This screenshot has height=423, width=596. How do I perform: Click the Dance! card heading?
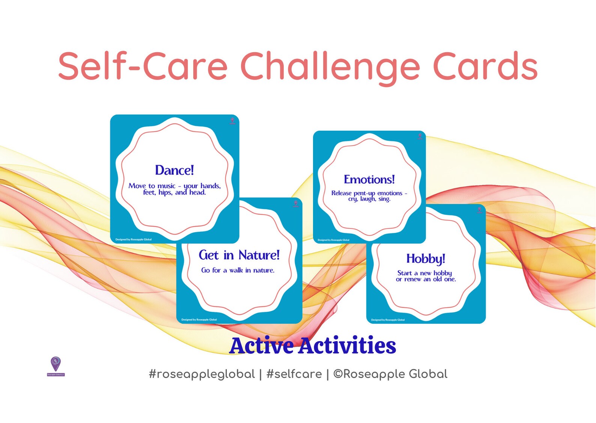pyautogui.click(x=175, y=170)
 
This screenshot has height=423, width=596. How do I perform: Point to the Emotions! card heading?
pyautogui.click(x=369, y=180)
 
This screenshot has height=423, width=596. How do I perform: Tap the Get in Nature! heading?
pyautogui.click(x=239, y=255)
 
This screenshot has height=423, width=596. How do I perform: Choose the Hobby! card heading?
pyautogui.click(x=426, y=258)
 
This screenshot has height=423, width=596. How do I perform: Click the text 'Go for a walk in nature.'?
pyautogui.click(x=238, y=270)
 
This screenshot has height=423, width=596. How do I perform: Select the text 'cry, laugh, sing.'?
pyautogui.click(x=369, y=199)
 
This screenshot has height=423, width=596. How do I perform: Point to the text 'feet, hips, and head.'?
pyautogui.click(x=175, y=192)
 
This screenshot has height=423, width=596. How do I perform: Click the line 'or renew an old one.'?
pyautogui.click(x=426, y=279)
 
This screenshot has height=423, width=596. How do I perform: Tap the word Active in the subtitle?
pyautogui.click(x=262, y=346)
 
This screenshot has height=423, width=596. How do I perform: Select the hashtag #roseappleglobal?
pyautogui.click(x=202, y=374)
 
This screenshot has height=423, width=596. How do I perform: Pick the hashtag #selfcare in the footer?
pyautogui.click(x=294, y=374)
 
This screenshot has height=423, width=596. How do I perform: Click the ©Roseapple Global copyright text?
pyautogui.click(x=390, y=374)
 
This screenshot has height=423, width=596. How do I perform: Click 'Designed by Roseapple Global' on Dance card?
pyautogui.click(x=133, y=239)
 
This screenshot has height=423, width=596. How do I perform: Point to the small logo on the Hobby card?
pyautogui.click(x=479, y=210)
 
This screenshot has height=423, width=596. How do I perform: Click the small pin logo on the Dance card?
pyautogui.click(x=232, y=121)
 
